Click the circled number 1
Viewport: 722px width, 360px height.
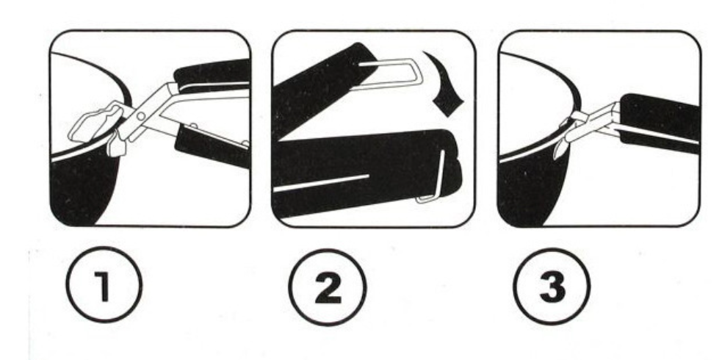click(x=104, y=285)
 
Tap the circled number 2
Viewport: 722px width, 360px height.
click(x=328, y=287)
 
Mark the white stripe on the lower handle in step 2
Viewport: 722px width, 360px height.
click(x=322, y=183)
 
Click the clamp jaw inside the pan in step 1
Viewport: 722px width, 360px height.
click(x=95, y=123)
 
